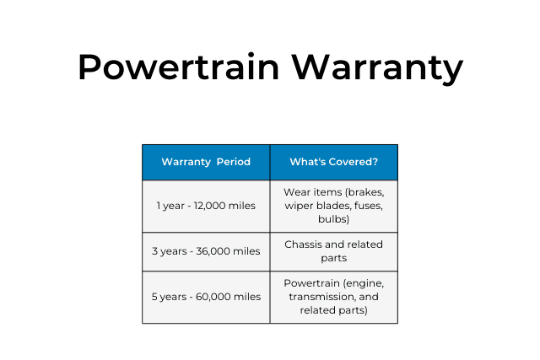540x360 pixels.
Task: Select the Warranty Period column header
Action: coord(206,162)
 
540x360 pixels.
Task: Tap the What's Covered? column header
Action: coord(333,162)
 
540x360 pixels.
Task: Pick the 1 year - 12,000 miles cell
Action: coord(206,206)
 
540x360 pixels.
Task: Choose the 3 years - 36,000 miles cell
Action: coord(206,251)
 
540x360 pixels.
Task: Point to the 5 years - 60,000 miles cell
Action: coord(206,297)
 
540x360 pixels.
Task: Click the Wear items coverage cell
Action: coord(333,206)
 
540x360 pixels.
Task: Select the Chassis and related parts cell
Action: coord(333,251)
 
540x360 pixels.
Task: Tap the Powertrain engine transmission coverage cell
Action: coord(333,297)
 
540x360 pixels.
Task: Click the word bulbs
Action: coord(333,219)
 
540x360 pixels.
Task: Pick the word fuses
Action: coord(370,206)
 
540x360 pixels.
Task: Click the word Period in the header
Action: coord(233,162)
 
